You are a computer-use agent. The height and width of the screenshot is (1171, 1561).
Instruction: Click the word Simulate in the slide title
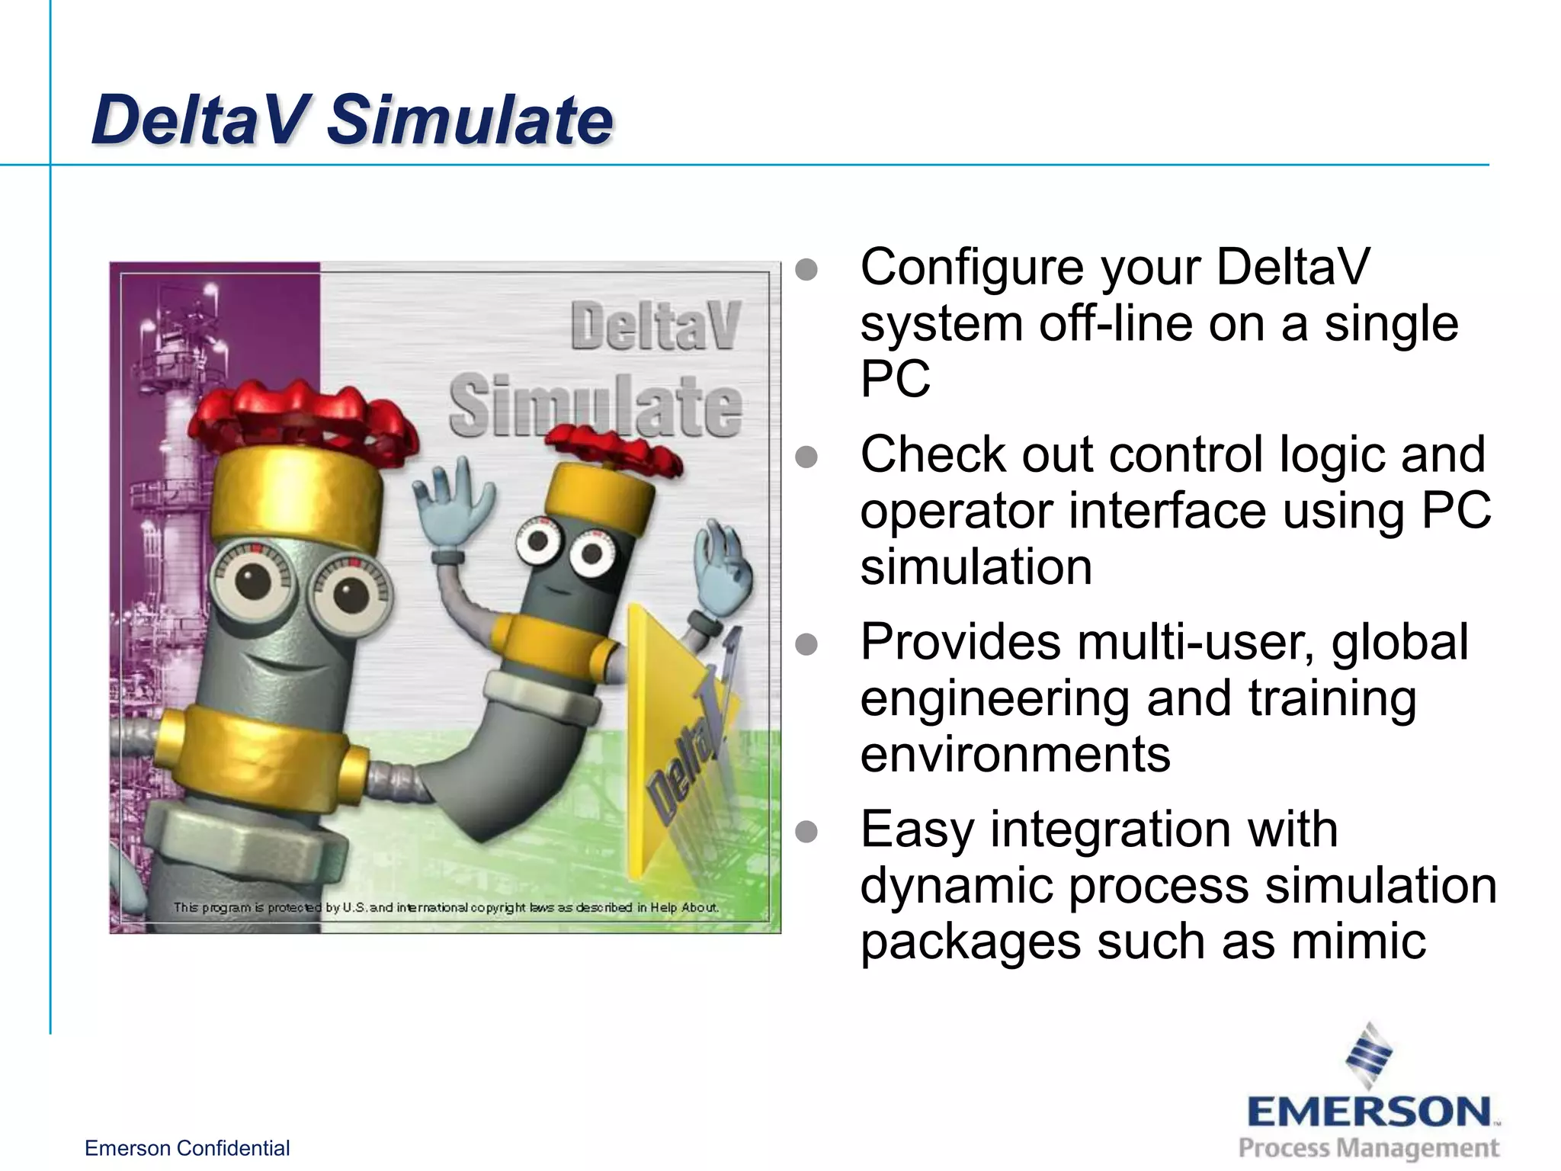pos(470,120)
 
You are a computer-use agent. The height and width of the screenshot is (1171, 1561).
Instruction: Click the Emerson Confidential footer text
pos(187,1148)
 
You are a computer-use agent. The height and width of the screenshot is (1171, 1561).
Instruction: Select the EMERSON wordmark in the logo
pos(1369,1112)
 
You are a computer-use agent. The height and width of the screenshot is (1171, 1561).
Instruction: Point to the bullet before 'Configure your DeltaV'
pos(806,269)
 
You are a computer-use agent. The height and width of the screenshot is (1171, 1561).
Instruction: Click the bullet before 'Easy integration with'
pos(806,831)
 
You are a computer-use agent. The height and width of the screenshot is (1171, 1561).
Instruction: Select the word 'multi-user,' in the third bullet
pos(1197,642)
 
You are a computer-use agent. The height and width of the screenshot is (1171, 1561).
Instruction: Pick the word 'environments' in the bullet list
pos(1014,754)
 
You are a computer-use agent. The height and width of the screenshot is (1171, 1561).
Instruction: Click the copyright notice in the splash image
pos(446,907)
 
